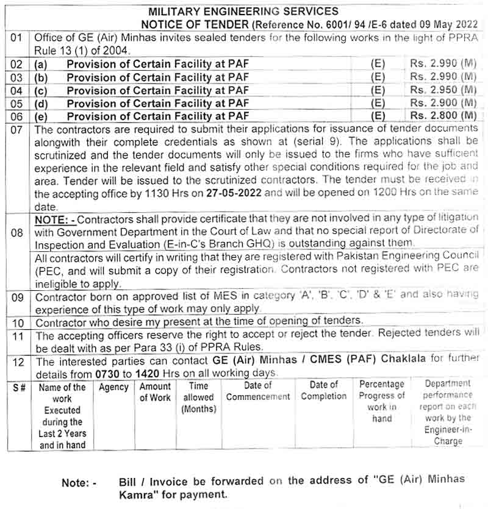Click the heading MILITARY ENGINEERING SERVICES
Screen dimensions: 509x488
[x=243, y=11]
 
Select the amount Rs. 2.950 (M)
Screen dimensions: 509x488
[x=443, y=90]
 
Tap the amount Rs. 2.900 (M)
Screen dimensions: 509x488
[x=443, y=103]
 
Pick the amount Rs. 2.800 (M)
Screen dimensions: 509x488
[x=443, y=116]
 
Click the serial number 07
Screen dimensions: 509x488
[x=16, y=129]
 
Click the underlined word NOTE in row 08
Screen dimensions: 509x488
[x=51, y=218]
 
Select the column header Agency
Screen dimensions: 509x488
[x=114, y=387]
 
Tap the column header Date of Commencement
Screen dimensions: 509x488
[x=258, y=391]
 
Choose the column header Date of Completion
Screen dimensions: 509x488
[x=323, y=390]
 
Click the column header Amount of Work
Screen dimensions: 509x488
[x=155, y=392]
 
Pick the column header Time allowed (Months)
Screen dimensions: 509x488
[x=199, y=397]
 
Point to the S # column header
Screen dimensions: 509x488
[x=19, y=387]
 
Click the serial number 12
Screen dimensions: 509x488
[x=18, y=362]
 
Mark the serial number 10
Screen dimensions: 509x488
[x=18, y=321]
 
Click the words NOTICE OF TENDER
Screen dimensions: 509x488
[x=195, y=24]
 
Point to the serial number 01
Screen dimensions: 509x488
[x=16, y=37]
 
